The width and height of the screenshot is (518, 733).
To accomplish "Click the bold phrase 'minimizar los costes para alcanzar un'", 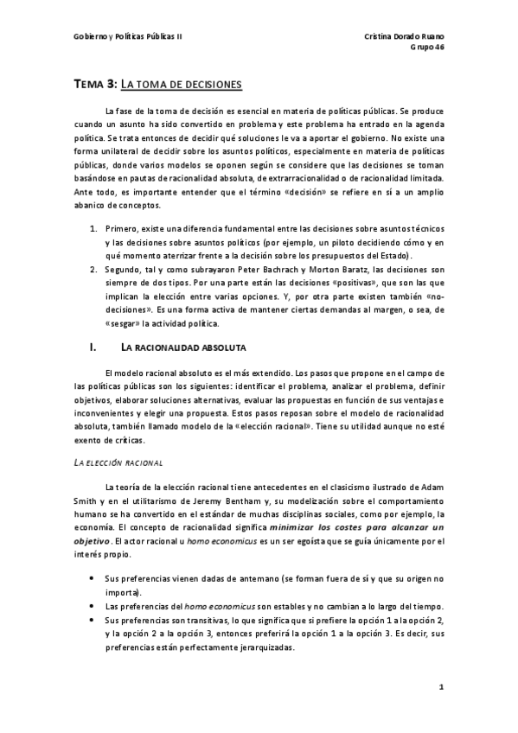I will coord(356,526).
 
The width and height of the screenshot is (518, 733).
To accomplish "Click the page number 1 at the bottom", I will coord(441,688).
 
